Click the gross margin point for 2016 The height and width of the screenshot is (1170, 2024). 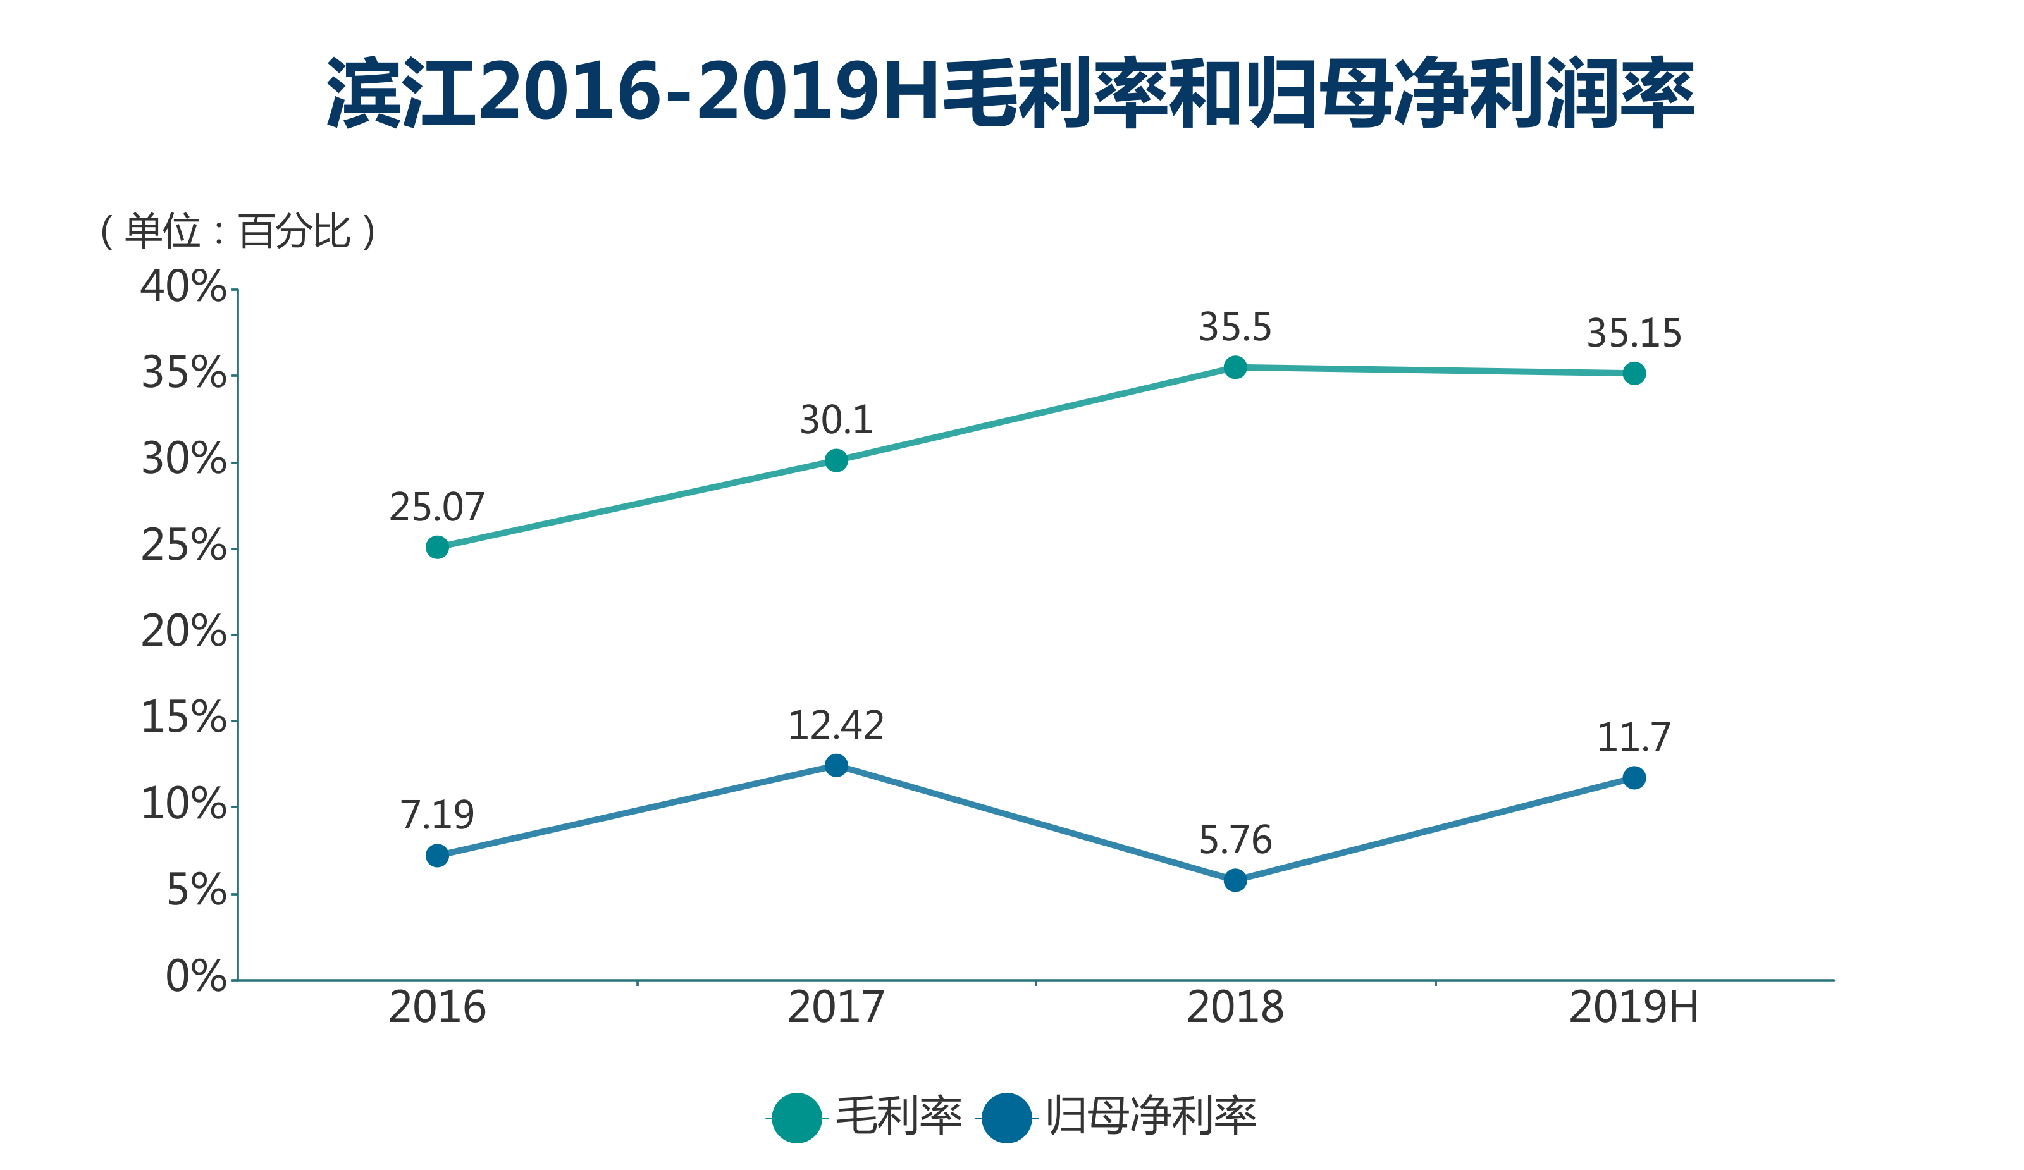(437, 547)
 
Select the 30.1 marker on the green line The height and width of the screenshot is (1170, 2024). (836, 460)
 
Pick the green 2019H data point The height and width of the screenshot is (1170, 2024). (1634, 373)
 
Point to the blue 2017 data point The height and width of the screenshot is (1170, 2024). (836, 765)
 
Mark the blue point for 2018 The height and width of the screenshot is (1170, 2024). (1235, 880)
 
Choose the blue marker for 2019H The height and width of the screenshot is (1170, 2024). (1634, 777)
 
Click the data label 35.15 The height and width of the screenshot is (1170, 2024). (1634, 333)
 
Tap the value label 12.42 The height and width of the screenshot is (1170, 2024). (836, 725)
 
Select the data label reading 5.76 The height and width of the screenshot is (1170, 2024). (1235, 840)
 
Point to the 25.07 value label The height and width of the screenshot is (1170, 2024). (437, 507)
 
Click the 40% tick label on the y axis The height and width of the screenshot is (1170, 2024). (184, 286)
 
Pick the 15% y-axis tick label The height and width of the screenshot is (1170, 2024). (184, 717)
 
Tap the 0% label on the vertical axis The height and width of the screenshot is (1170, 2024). (196, 976)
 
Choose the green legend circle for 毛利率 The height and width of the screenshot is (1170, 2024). (797, 1117)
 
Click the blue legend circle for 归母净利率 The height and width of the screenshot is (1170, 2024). (1006, 1117)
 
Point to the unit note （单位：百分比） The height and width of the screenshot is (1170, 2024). (238, 231)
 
